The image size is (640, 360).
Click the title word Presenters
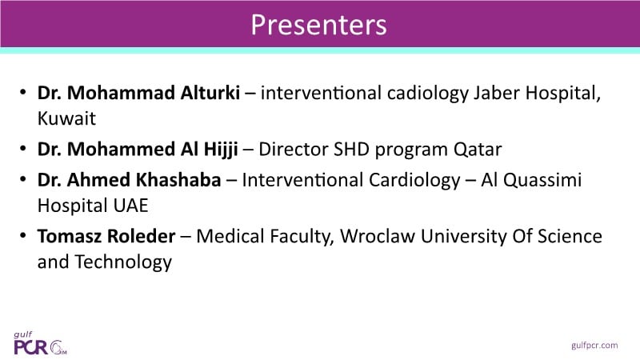tap(318, 25)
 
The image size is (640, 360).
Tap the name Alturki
tap(210, 93)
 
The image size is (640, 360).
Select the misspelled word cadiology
tap(428, 94)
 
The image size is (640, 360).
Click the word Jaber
tap(497, 93)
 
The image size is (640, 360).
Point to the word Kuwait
tap(66, 118)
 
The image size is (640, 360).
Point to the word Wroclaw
tap(378, 236)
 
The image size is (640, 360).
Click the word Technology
tap(123, 263)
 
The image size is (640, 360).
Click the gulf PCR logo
tap(41, 343)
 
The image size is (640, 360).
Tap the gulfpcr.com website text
tap(594, 346)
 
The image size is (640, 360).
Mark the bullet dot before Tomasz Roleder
tap(23, 235)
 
